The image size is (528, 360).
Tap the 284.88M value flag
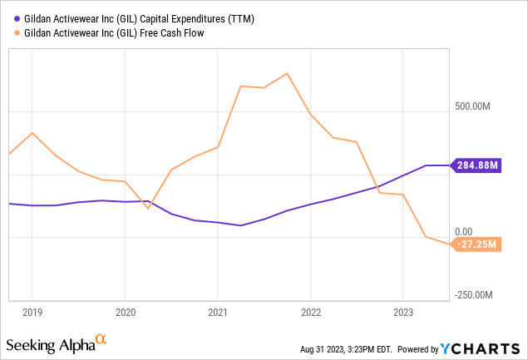point(478,165)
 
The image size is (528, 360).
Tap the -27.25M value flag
point(478,244)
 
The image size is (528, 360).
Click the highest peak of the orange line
point(287,73)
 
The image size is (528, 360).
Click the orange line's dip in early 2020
point(148,208)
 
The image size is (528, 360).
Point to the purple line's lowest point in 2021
point(240,225)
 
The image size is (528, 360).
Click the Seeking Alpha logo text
point(50,342)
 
